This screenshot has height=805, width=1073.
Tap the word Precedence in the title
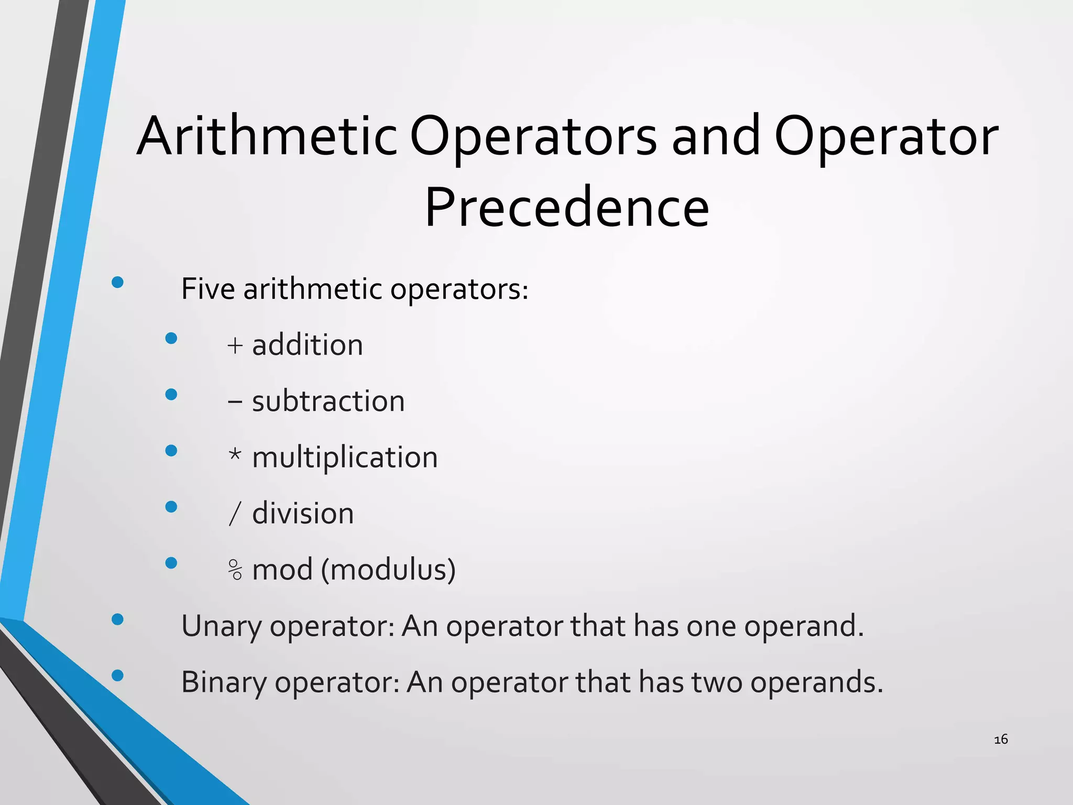(567, 208)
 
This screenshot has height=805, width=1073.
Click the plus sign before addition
(235, 345)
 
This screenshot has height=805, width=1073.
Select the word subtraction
(328, 401)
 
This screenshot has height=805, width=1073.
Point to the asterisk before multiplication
(235, 454)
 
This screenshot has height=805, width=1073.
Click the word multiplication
(344, 458)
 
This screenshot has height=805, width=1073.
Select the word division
(303, 514)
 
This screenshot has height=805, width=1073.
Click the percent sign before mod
(235, 570)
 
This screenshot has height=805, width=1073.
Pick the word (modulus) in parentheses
(388, 570)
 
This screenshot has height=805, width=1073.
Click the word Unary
(221, 626)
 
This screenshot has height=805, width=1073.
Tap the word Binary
(224, 682)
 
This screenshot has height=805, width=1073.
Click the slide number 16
(1001, 739)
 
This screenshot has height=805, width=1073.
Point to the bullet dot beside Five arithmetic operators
(117, 282)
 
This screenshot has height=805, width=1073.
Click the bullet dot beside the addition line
(171, 339)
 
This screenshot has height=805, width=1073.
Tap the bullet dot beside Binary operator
(117, 676)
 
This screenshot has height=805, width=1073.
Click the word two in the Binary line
(717, 682)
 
